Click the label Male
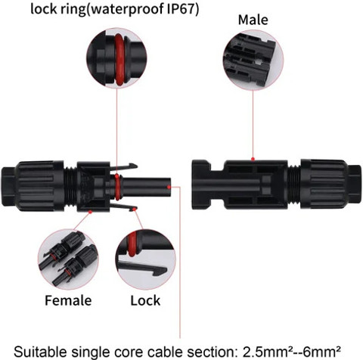point(253,20)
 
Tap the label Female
point(68,300)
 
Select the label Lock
point(145,300)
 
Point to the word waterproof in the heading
point(126,9)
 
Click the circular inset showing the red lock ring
point(116,58)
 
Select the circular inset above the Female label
point(68,259)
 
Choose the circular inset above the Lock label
point(145,259)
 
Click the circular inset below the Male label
point(253,60)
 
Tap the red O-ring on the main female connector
point(117,187)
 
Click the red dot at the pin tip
point(169,187)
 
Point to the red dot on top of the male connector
point(253,159)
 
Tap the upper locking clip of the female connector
point(123,166)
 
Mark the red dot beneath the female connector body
point(90,212)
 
